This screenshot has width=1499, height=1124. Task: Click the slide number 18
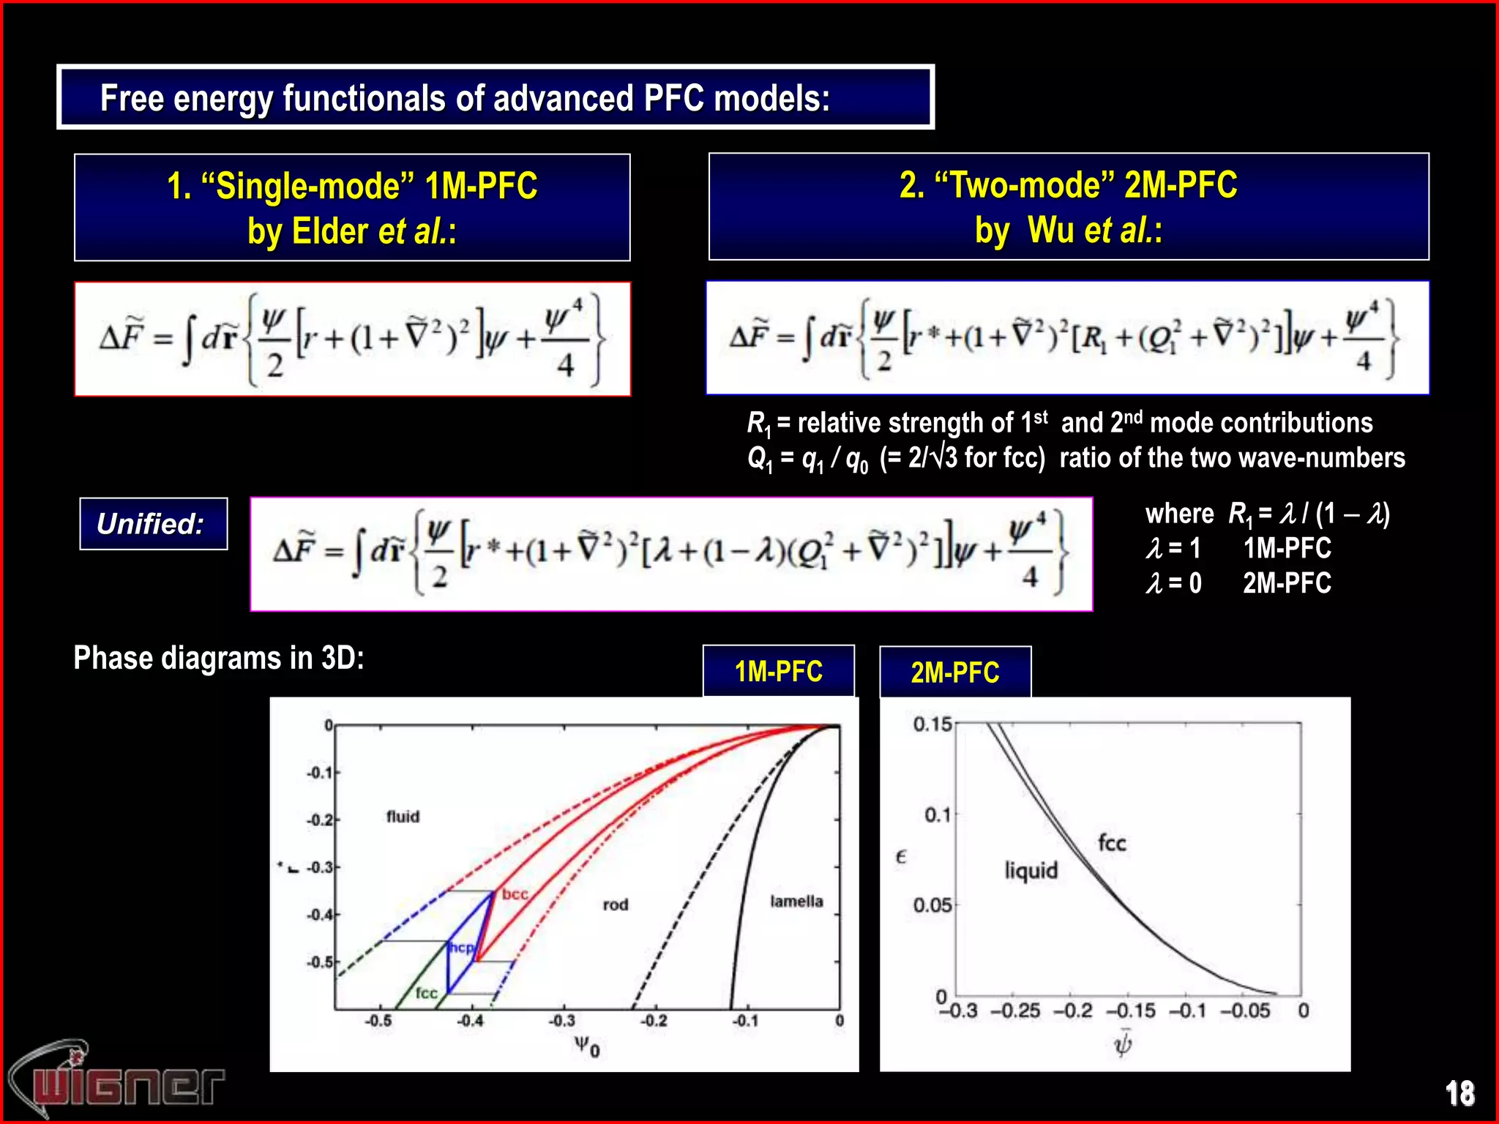click(x=1459, y=1093)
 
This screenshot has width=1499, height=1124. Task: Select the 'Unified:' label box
click(x=153, y=524)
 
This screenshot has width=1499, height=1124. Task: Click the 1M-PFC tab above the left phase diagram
click(x=778, y=671)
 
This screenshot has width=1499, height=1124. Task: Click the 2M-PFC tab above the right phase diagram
click(x=954, y=672)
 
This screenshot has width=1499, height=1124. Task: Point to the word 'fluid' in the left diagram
click(x=403, y=817)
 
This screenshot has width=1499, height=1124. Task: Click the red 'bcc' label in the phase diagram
click(x=515, y=894)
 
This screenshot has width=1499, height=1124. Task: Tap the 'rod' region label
click(x=616, y=905)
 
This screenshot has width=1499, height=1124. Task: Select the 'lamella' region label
click(x=796, y=902)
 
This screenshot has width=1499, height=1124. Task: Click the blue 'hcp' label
click(x=461, y=948)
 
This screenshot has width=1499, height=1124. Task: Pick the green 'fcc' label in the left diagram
click(x=426, y=993)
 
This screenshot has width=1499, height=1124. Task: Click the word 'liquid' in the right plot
click(x=1031, y=871)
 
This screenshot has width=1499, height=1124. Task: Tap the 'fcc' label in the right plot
click(x=1112, y=843)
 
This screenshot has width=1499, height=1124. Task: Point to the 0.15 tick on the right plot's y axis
click(x=932, y=724)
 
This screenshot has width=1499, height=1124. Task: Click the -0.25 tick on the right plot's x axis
click(x=1015, y=1011)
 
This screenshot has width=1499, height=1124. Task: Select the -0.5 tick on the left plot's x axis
click(x=378, y=1021)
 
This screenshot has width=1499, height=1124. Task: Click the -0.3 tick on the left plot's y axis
click(x=318, y=868)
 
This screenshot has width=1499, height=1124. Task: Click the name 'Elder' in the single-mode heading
click(x=329, y=231)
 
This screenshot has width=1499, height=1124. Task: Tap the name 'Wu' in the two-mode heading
click(x=1050, y=230)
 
